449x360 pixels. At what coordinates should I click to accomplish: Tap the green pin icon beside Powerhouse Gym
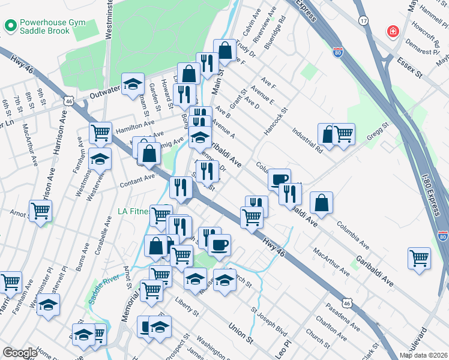pos(10,25)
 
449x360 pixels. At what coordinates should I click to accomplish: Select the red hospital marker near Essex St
pos(393,31)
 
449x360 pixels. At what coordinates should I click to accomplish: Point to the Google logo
pos(20,353)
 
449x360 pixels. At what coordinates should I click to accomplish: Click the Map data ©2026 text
pos(423,355)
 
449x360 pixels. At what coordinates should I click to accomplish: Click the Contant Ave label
pos(137,180)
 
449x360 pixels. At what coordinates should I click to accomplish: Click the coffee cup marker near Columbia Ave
pos(279,179)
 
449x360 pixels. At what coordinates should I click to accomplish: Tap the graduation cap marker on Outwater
pos(133,84)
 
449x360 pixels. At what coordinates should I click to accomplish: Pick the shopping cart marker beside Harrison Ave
pos(41,211)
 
